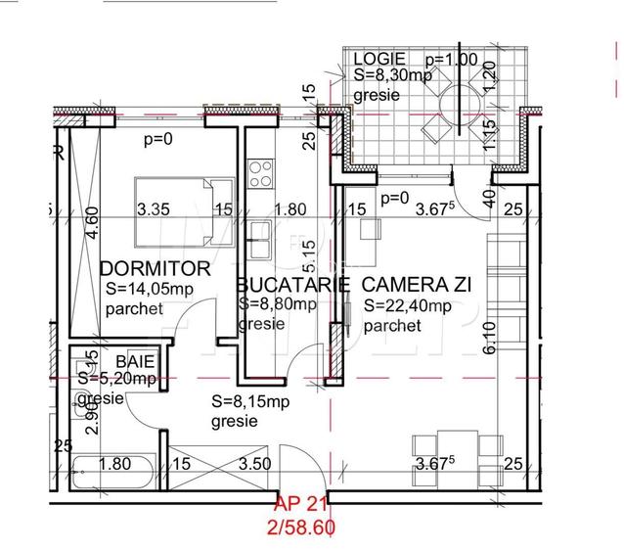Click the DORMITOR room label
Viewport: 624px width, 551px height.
[156, 267]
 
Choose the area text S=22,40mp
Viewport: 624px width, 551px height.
[407, 306]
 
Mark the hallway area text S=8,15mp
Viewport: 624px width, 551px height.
[250, 401]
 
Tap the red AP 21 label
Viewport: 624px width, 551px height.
[299, 505]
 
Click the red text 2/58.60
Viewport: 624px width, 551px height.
[301, 526]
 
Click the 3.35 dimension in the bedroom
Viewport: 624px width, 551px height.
[154, 208]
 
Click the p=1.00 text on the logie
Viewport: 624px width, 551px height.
[451, 58]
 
